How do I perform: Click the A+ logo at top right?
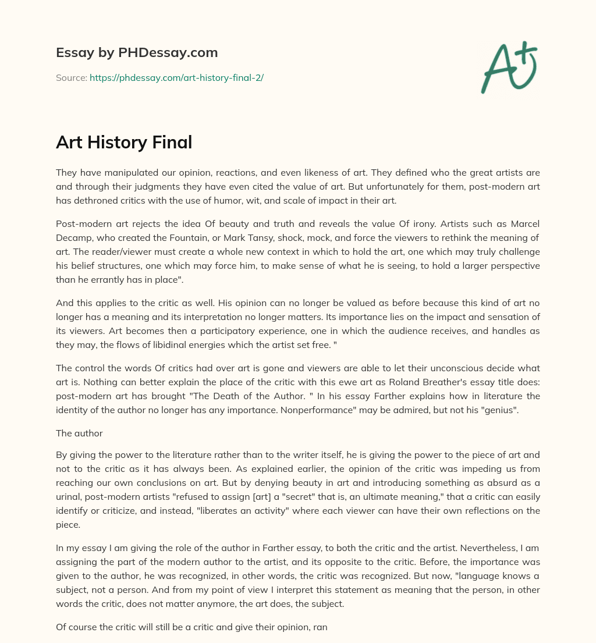click(x=509, y=67)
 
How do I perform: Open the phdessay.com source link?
click(x=176, y=77)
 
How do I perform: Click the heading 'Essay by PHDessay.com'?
click(x=137, y=52)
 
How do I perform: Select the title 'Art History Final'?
click(x=124, y=142)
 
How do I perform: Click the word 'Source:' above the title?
click(x=71, y=77)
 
